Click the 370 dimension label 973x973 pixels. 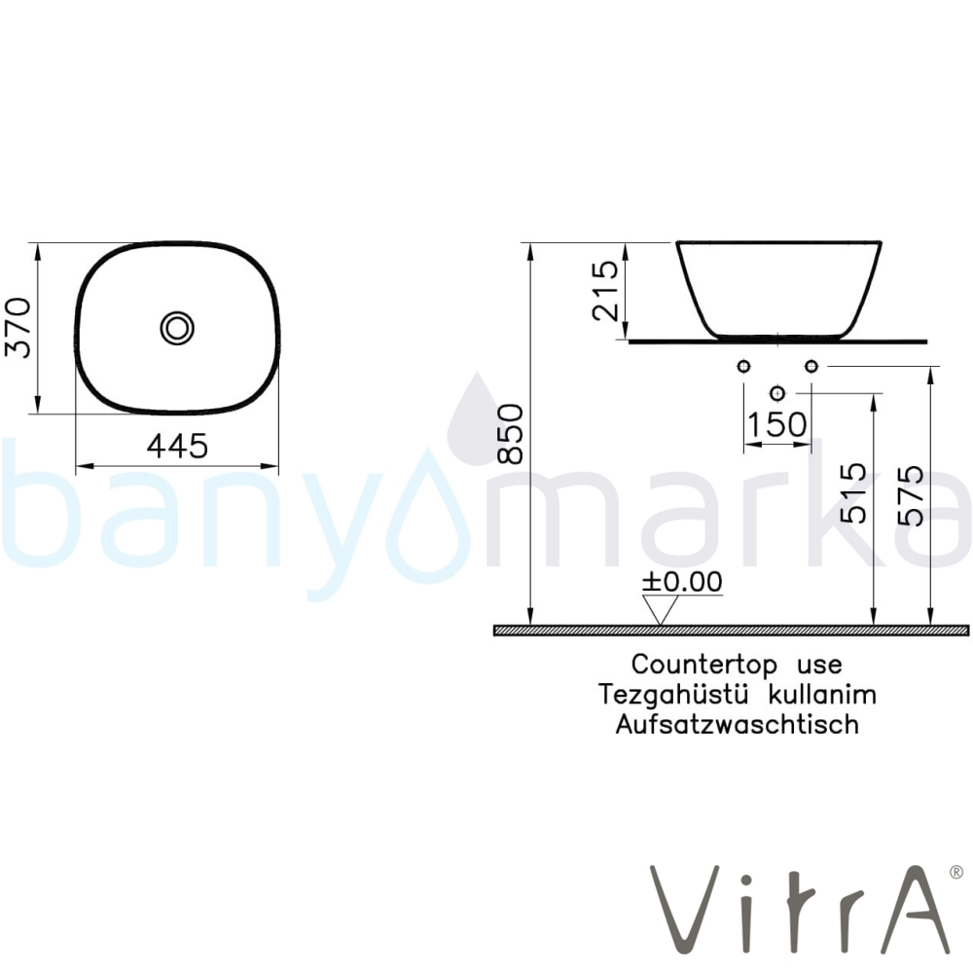[18, 328]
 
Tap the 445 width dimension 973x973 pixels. [177, 447]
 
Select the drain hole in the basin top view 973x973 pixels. [177, 328]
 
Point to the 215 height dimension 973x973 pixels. [605, 290]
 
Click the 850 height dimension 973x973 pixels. [512, 434]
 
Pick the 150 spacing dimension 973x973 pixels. [776, 425]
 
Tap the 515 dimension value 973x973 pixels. [852, 493]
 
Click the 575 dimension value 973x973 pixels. [911, 496]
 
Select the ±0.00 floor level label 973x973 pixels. [683, 582]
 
